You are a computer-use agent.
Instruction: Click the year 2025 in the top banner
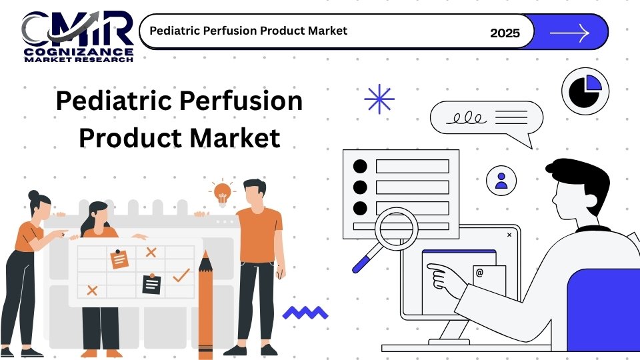(x=505, y=33)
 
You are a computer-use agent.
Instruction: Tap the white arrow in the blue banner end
(x=570, y=33)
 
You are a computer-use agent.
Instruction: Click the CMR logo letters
(x=77, y=29)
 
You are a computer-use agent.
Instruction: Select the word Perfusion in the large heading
(x=241, y=101)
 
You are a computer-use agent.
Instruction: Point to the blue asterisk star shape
(x=379, y=99)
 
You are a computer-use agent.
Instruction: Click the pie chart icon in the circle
(x=585, y=91)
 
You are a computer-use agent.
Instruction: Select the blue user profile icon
(x=501, y=181)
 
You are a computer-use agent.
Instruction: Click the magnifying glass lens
(x=396, y=229)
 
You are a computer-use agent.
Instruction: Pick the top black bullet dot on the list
(x=360, y=166)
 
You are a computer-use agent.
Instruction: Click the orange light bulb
(x=223, y=193)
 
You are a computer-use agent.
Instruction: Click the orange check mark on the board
(x=181, y=275)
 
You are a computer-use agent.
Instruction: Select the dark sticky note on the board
(x=151, y=284)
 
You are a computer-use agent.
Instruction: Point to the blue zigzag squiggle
(x=305, y=313)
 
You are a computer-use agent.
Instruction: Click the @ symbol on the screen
(x=479, y=272)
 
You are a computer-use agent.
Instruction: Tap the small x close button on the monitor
(x=509, y=235)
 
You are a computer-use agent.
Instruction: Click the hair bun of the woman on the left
(x=33, y=195)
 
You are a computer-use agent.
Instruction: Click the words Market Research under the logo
(x=79, y=59)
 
